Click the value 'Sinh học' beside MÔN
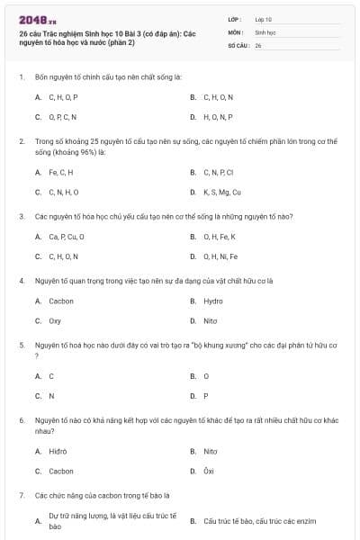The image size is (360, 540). pyautogui.click(x=265, y=31)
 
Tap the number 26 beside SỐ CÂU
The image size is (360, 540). pyautogui.click(x=258, y=45)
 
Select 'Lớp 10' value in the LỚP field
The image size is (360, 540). pyautogui.click(x=263, y=18)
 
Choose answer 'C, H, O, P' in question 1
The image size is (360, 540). pyautogui.click(x=63, y=96)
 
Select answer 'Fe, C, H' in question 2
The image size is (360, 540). pyautogui.click(x=61, y=172)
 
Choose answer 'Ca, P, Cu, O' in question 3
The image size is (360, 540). pyautogui.click(x=67, y=237)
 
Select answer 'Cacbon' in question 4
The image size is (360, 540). pyautogui.click(x=61, y=301)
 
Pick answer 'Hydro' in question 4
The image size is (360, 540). pyautogui.click(x=213, y=301)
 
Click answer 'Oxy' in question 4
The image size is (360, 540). pyautogui.click(x=55, y=320)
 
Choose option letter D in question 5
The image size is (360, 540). pyautogui.click(x=193, y=395)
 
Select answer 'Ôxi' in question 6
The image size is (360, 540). pyautogui.click(x=209, y=471)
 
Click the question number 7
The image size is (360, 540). pyautogui.click(x=21, y=495)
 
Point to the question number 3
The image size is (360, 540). pyautogui.click(x=21, y=216)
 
